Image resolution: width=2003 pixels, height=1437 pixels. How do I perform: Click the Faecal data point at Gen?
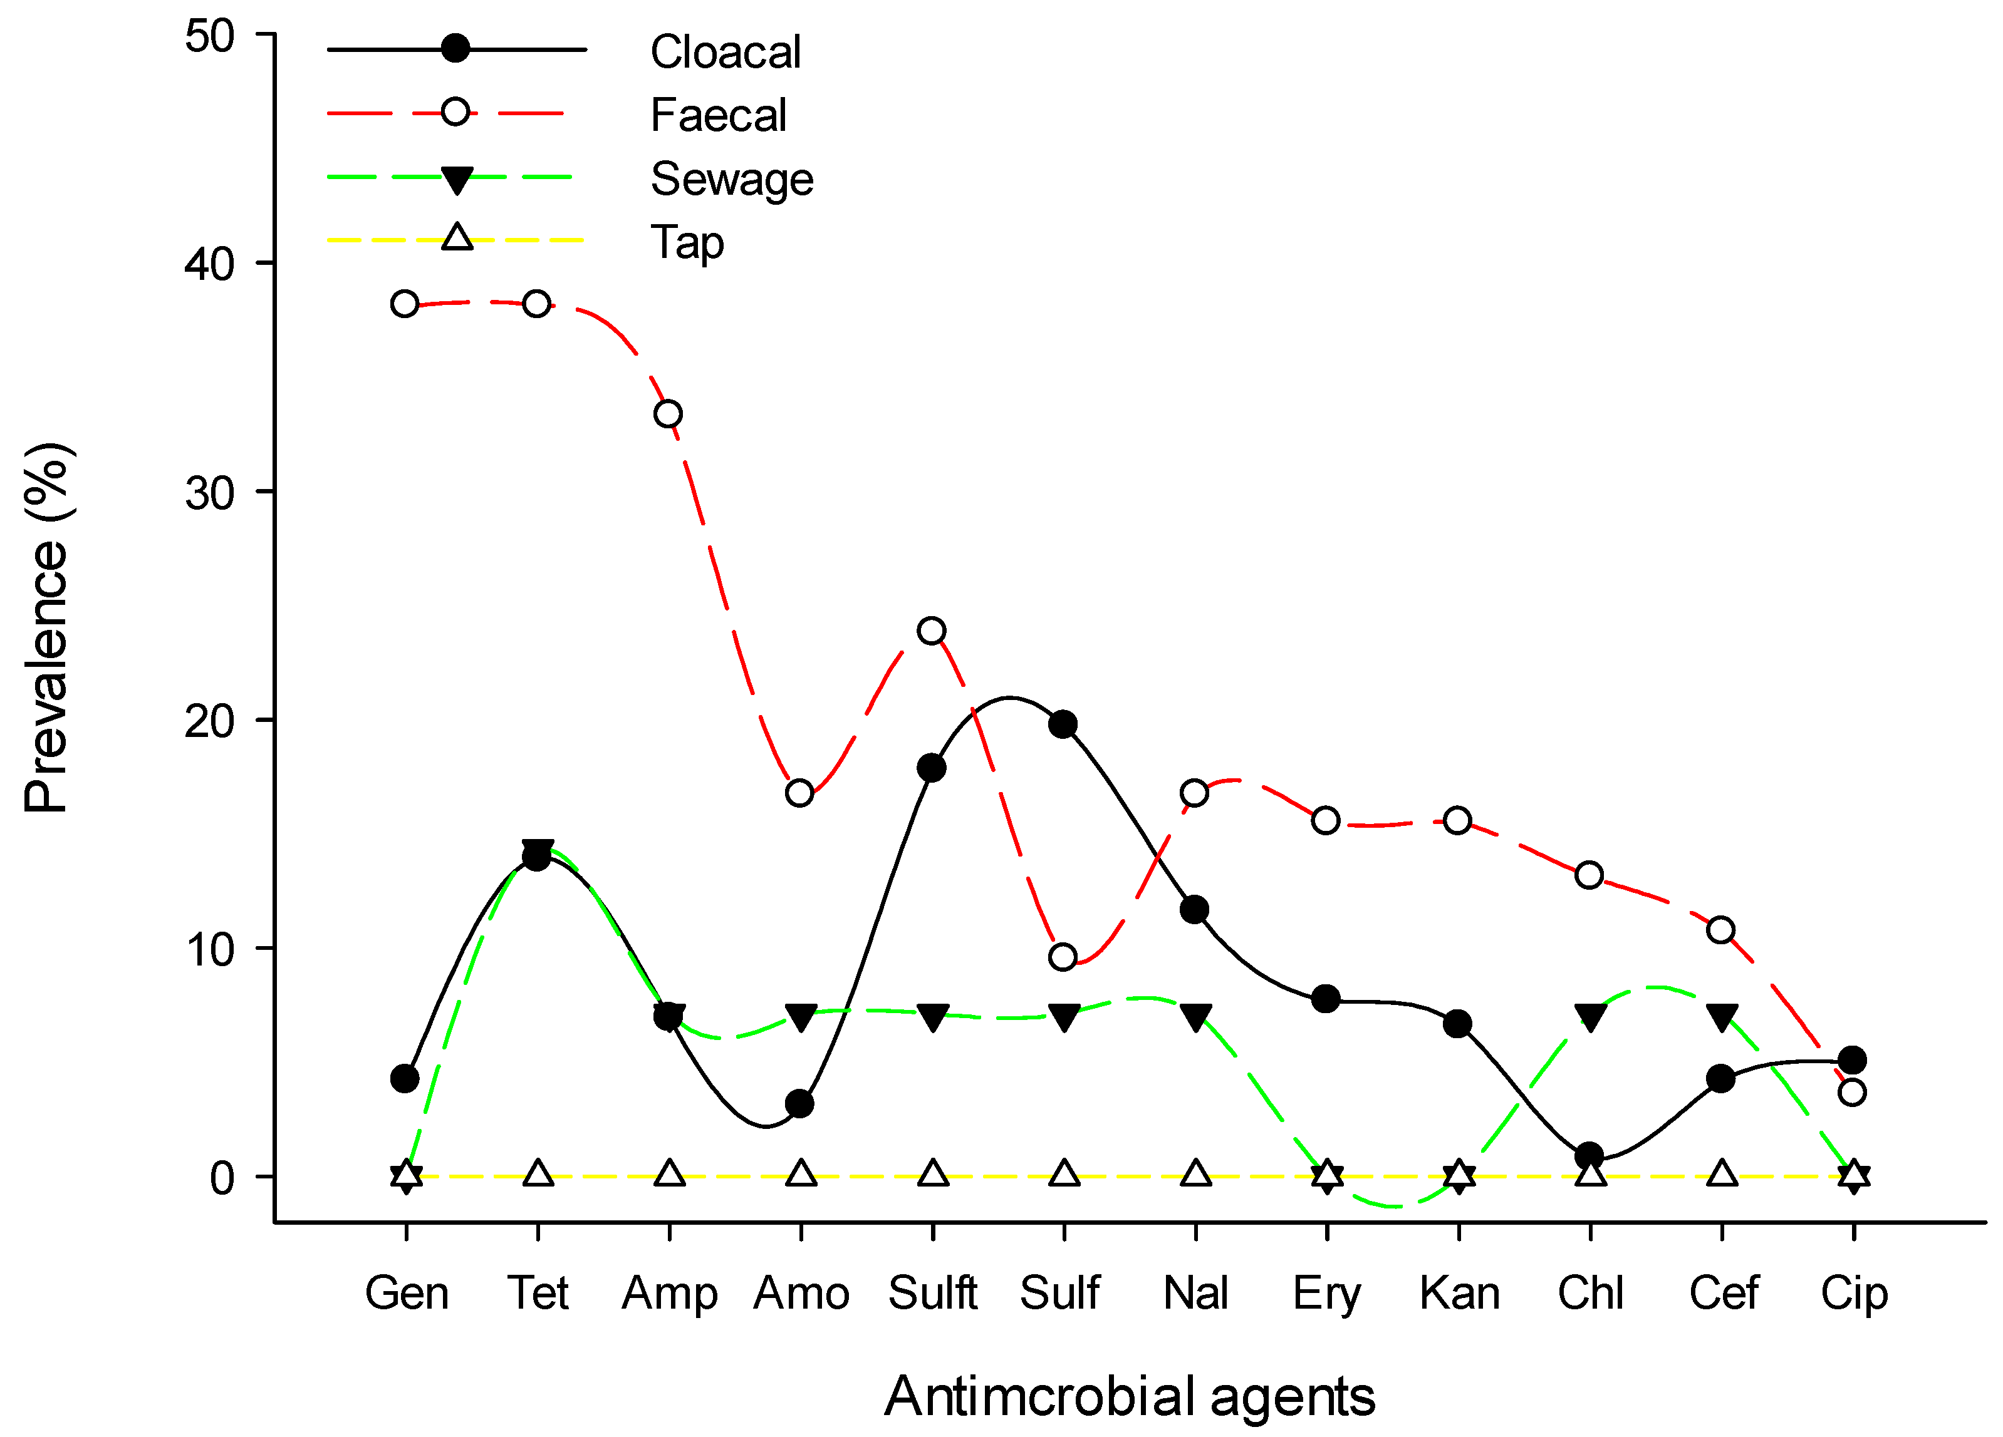pos(405,304)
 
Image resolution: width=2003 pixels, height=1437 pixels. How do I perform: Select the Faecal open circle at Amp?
pos(668,414)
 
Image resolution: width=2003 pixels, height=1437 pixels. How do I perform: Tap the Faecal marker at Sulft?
pos(932,631)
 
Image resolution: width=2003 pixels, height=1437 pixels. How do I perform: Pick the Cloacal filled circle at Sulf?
pos(1063,724)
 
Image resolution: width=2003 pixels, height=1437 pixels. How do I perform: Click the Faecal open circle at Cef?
pos(1720,930)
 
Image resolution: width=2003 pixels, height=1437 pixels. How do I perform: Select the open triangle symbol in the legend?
pos(457,237)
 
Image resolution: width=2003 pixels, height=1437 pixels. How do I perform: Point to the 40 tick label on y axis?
pos(209,264)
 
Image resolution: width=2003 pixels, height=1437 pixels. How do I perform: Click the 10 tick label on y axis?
pos(209,950)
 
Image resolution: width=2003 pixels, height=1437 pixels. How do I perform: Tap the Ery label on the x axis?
pos(1326,1294)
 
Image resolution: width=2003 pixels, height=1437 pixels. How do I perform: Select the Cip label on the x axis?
pos(1854,1294)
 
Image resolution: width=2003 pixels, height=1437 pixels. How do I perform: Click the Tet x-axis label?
pos(537,1294)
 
